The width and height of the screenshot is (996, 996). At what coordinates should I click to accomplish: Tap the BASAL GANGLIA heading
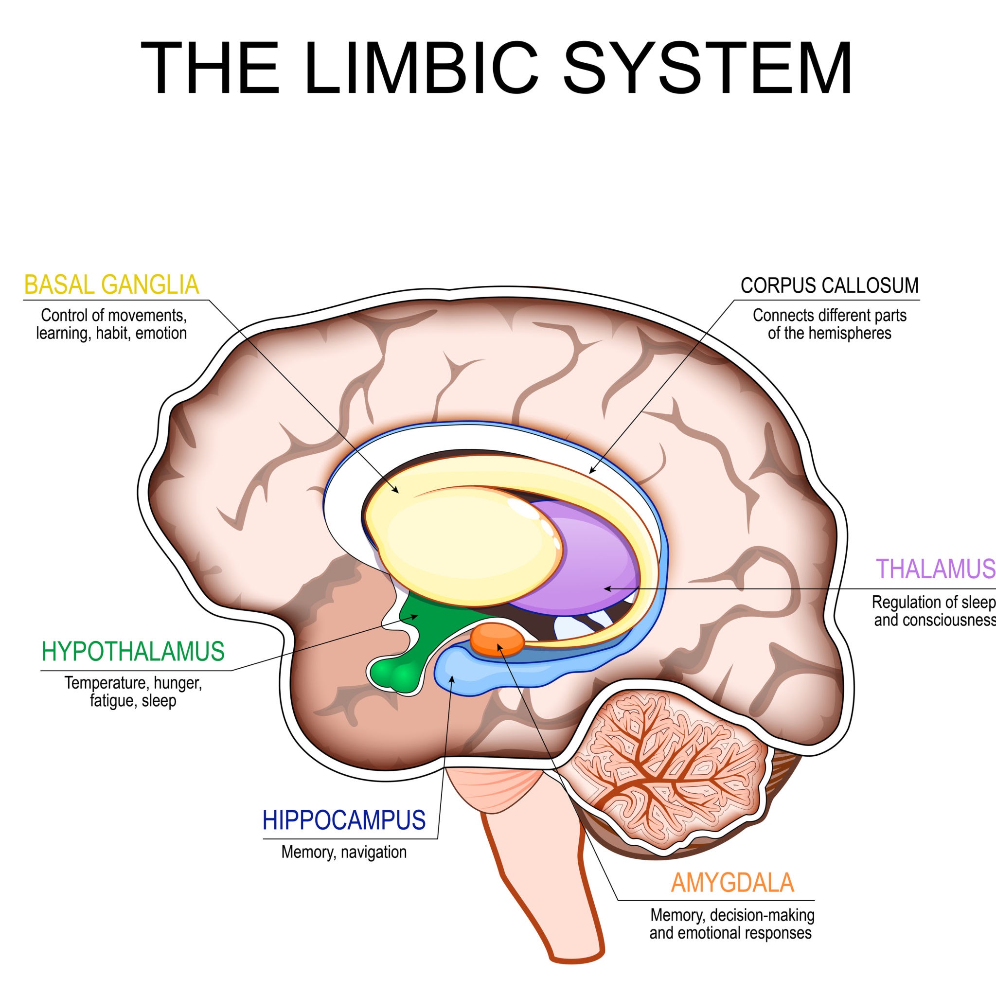click(111, 285)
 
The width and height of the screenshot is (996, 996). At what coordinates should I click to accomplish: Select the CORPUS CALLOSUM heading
click(830, 285)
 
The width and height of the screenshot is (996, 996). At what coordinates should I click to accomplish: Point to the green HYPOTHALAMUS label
click(133, 652)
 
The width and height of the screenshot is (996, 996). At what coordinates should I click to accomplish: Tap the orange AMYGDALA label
click(732, 883)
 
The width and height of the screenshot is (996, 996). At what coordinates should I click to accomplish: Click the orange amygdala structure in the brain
click(497, 640)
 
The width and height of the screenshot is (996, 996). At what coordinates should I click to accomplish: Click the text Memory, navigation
click(344, 852)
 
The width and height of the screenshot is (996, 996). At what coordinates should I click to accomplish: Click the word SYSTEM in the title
click(707, 68)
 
